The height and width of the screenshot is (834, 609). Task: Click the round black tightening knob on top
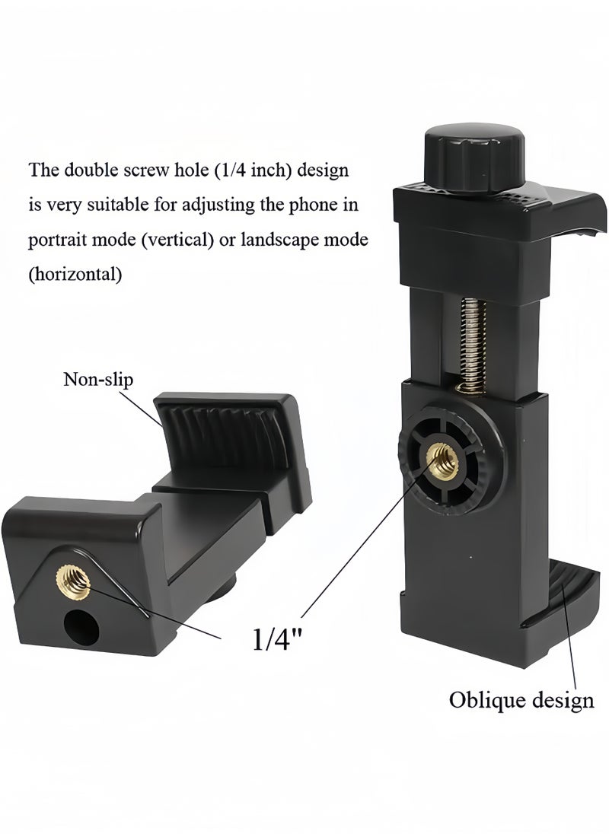[474, 156]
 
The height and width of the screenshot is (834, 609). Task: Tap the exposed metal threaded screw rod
[472, 346]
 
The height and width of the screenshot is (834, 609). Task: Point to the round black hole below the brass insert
[81, 627]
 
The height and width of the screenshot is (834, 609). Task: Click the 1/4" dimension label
[278, 638]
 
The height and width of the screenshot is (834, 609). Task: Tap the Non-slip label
[98, 380]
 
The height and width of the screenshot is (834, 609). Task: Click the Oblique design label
[521, 701]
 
